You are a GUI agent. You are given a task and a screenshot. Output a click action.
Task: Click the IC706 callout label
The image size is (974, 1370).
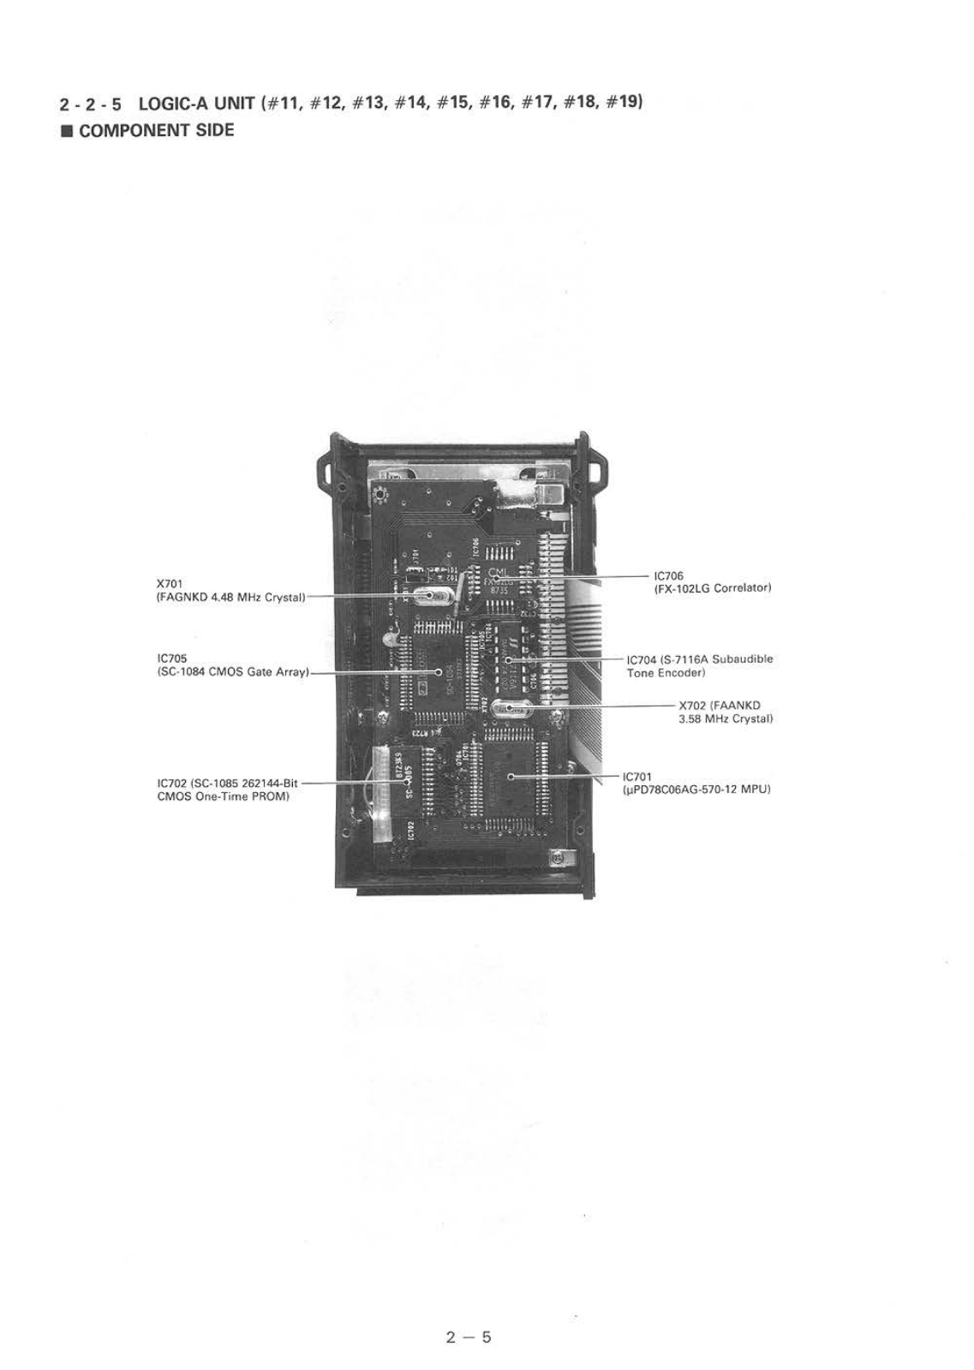tap(668, 575)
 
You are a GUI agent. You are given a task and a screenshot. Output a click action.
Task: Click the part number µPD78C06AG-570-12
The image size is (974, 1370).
tap(683, 789)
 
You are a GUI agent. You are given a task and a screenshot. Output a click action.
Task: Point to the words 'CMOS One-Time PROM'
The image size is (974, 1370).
tap(224, 796)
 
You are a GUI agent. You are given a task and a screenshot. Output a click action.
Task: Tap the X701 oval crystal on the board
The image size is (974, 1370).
tap(426, 596)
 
